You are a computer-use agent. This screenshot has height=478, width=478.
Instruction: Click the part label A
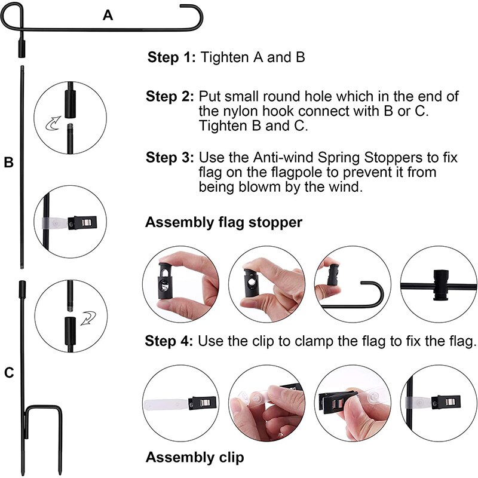[108, 16]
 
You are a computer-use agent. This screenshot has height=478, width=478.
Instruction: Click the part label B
[9, 162]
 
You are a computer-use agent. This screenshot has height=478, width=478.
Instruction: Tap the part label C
[9, 373]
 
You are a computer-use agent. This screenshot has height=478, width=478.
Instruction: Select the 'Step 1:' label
[171, 58]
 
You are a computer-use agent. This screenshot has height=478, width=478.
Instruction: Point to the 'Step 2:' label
[170, 96]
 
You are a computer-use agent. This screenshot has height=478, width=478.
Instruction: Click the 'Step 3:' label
[170, 158]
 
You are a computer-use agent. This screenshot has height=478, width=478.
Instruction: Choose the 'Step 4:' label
[169, 341]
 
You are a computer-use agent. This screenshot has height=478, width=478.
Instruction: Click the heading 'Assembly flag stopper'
[223, 223]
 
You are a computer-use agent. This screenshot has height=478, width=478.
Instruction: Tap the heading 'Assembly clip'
[195, 458]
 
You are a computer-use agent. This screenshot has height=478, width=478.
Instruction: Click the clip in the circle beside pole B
[80, 223]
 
